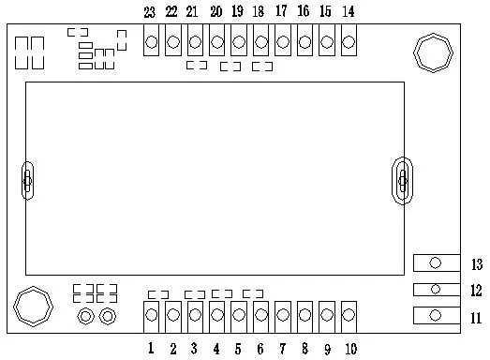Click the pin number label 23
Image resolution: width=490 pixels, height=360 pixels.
(x=150, y=12)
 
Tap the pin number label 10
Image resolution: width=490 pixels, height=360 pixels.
(x=349, y=350)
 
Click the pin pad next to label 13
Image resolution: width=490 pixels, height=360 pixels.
(x=436, y=263)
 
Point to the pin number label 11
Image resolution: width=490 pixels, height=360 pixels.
(x=476, y=318)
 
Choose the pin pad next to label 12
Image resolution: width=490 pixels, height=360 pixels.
(x=436, y=290)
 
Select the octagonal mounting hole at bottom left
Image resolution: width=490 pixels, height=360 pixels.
(x=33, y=306)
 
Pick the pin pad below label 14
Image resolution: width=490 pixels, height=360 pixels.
(x=349, y=42)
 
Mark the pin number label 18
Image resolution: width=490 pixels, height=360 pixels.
(x=258, y=12)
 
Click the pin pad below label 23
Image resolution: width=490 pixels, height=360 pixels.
(x=151, y=42)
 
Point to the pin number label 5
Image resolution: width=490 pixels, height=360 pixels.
(x=237, y=350)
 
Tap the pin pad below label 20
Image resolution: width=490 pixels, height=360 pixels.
(x=216, y=42)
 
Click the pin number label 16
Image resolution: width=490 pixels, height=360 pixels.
(x=303, y=12)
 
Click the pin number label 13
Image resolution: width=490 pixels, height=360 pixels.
(x=476, y=263)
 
